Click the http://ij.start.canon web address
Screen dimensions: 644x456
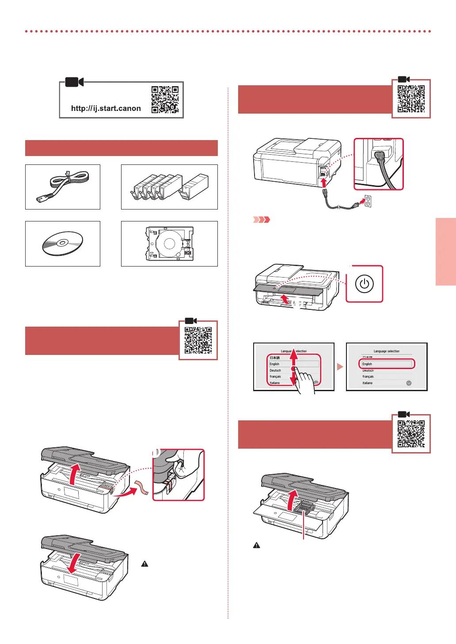[x=106, y=108]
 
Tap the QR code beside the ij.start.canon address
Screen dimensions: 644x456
[x=165, y=99]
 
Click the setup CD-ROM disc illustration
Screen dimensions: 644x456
[x=62, y=243]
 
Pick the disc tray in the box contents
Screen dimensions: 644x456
[x=170, y=244]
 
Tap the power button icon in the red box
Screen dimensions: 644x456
[x=364, y=284]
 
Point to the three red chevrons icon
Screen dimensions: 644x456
[x=261, y=220]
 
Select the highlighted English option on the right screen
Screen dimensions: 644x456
[x=387, y=364]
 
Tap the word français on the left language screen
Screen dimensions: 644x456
[x=275, y=377]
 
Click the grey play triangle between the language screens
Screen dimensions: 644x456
[x=340, y=367]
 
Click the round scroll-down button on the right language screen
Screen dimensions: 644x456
[x=409, y=383]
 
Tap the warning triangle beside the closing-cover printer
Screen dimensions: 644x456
[x=144, y=564]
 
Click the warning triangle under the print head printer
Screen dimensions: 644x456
[x=256, y=545]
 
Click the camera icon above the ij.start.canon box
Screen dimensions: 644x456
[x=74, y=82]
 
